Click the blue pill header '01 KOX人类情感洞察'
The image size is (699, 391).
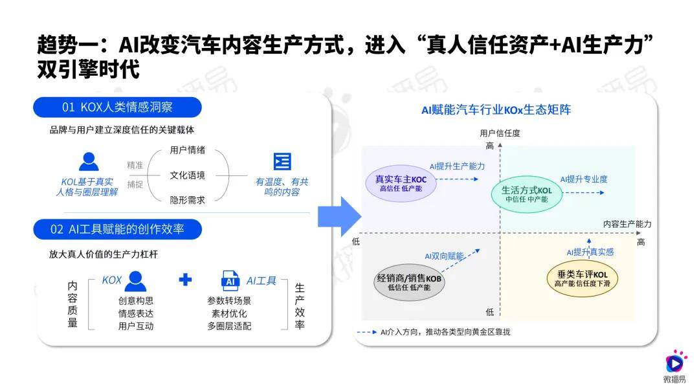(117, 107)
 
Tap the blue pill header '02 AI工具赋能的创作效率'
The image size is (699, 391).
(117, 229)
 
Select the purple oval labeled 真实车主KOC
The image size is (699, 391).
(401, 183)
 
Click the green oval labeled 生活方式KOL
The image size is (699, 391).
(526, 194)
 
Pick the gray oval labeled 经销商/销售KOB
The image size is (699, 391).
(409, 282)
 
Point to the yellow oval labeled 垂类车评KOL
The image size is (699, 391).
(582, 278)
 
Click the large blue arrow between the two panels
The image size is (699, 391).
(339, 216)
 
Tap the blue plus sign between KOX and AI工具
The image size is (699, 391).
(185, 280)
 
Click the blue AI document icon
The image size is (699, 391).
(230, 280)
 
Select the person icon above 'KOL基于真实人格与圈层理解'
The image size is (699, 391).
(89, 161)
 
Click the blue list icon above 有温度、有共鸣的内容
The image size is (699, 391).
(282, 161)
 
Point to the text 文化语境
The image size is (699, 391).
(187, 175)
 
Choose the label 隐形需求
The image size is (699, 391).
(187, 200)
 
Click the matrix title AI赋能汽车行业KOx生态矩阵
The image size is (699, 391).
(496, 110)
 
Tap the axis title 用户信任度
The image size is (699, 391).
(500, 133)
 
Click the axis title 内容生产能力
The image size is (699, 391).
(627, 224)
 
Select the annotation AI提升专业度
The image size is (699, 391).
(584, 179)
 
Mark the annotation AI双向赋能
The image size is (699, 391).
(444, 256)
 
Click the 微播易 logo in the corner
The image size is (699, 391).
(675, 366)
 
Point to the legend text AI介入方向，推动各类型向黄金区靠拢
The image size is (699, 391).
(445, 332)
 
